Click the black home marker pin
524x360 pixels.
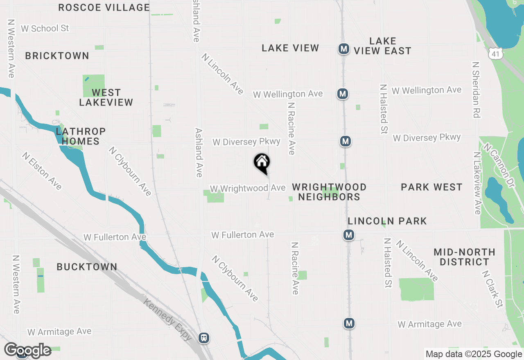(x=262, y=162)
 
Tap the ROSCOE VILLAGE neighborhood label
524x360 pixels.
(x=104, y=7)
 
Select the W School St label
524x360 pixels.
(x=45, y=28)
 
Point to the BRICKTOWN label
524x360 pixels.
(x=57, y=56)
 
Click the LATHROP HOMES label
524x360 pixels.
(x=81, y=136)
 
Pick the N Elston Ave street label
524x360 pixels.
(x=42, y=171)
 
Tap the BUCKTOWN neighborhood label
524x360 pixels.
(x=87, y=267)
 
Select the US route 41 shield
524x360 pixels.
(x=496, y=53)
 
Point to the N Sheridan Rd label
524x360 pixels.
(x=476, y=90)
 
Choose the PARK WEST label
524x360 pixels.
(x=431, y=187)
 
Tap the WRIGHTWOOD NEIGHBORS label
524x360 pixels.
(x=329, y=192)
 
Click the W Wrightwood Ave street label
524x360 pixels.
(x=248, y=188)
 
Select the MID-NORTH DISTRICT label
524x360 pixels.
(x=464, y=257)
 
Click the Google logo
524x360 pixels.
(x=28, y=351)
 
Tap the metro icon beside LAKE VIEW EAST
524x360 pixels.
(x=343, y=49)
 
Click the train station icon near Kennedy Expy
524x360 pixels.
(x=204, y=338)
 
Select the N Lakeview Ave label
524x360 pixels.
(x=477, y=183)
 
